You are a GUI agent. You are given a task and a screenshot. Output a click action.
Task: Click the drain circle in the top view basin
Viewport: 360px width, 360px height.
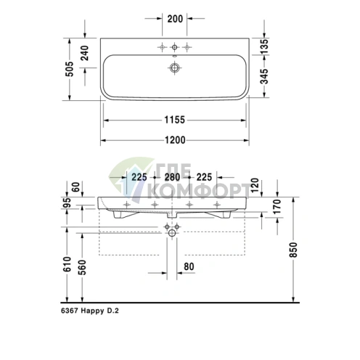174,68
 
